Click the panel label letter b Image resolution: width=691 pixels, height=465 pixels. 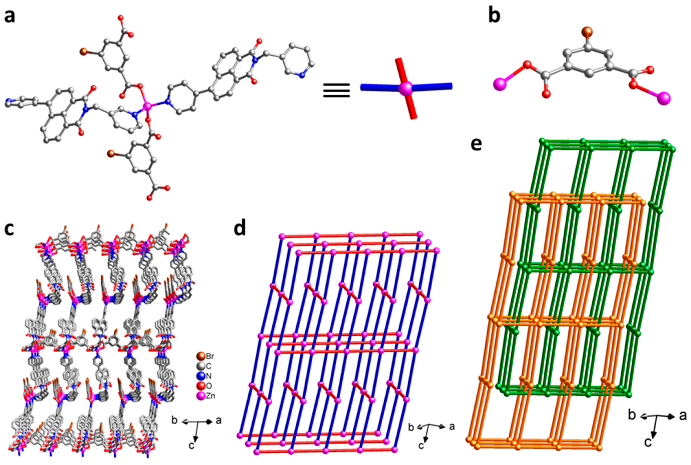pyautogui.click(x=494, y=15)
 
